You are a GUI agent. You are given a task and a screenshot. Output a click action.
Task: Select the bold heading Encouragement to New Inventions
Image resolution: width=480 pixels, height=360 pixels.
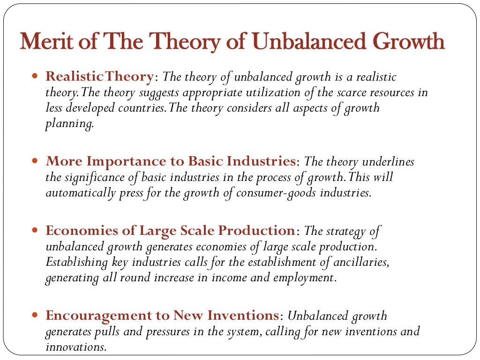(x=162, y=315)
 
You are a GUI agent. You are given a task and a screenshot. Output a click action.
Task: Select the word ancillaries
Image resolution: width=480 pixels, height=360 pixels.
(x=361, y=262)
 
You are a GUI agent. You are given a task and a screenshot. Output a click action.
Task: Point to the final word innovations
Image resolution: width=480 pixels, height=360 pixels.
(x=75, y=347)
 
